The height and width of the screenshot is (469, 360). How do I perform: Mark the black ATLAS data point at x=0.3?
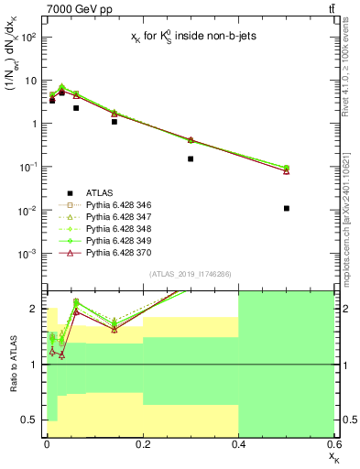point(191,158)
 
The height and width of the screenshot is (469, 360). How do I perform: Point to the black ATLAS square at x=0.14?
point(114,121)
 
